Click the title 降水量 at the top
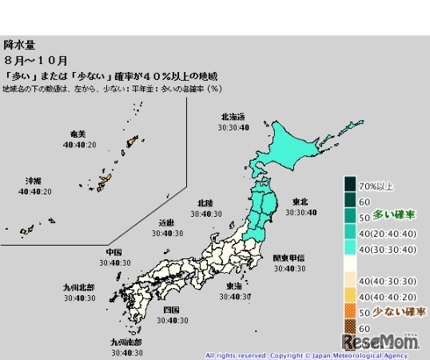19,46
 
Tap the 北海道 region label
238,117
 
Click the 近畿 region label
167,222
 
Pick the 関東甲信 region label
289,258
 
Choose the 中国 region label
113,251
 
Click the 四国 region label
172,310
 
